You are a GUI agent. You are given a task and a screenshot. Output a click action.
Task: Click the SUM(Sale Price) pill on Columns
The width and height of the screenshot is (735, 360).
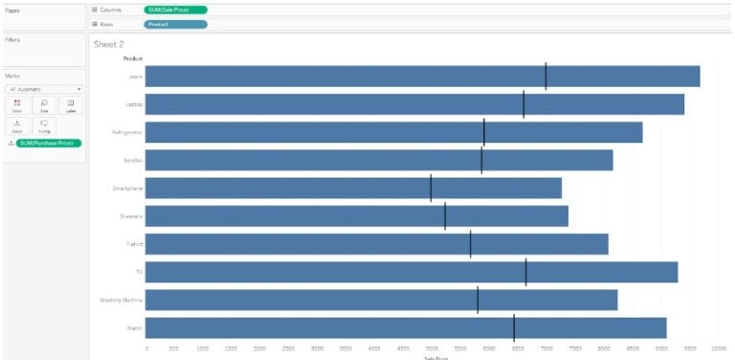[175, 10]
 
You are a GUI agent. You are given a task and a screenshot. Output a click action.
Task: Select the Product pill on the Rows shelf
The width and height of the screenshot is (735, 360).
[175, 23]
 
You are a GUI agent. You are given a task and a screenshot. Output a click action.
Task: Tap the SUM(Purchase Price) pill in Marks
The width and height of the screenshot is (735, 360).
[48, 143]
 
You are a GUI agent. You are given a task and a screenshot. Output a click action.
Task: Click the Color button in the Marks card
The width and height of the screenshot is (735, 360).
[17, 104]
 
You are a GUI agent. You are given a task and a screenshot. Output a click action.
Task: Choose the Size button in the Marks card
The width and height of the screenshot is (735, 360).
[44, 104]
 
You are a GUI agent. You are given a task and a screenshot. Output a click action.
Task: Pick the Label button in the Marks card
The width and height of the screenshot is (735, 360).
[71, 104]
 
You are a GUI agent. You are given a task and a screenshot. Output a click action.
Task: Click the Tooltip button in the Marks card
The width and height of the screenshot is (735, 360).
[44, 125]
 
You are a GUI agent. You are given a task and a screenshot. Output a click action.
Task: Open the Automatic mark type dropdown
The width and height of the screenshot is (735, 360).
[45, 88]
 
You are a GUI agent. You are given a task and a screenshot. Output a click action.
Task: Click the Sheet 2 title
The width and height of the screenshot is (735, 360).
[109, 44]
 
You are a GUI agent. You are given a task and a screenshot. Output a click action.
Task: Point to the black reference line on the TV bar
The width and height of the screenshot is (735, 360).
[525, 272]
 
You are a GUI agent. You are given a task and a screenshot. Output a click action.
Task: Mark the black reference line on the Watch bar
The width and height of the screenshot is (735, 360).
[514, 327]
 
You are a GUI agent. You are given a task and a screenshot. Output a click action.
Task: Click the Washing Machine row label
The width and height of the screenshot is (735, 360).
[122, 300]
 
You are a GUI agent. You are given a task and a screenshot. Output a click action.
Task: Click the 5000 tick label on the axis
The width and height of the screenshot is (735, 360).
[432, 349]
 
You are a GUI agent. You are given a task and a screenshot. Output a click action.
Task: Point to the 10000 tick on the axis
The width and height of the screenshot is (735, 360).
[718, 349]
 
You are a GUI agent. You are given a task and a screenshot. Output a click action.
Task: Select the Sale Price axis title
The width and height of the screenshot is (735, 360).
[435, 357]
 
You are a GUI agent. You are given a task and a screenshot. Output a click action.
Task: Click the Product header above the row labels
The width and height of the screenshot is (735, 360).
[133, 59]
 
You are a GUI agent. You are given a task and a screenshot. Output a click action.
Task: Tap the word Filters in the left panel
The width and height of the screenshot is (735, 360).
[12, 40]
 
